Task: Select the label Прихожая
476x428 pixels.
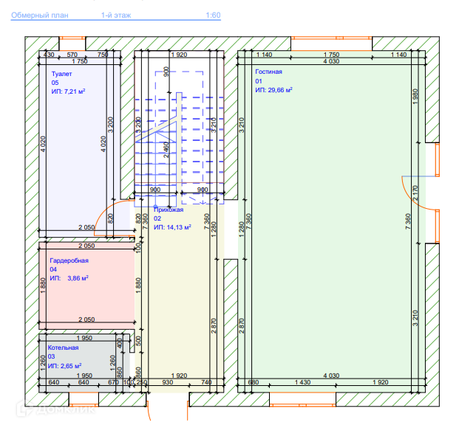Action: point(169,210)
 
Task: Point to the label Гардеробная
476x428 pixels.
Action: point(69,261)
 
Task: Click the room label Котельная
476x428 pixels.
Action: point(63,347)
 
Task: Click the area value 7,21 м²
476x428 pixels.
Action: point(73,92)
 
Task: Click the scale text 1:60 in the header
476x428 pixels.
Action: point(214,15)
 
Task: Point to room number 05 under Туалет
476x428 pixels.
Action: point(55,83)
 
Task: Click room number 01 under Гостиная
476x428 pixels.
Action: point(259,81)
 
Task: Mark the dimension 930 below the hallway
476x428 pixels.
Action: point(167,383)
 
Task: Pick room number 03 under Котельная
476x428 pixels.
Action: point(52,356)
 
